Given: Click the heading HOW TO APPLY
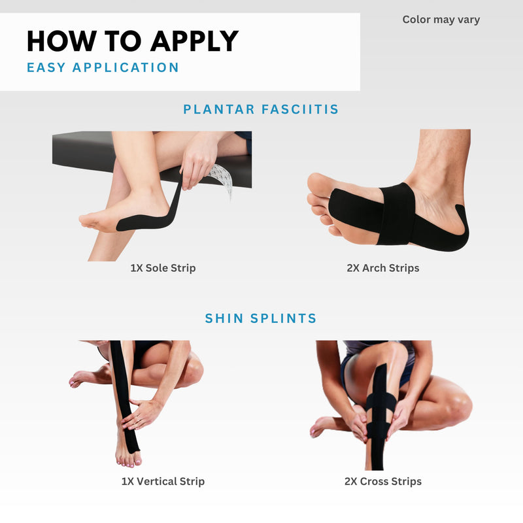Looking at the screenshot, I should pos(132,41).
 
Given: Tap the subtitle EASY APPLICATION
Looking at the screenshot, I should pos(103,67).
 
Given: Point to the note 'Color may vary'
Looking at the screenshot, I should pos(441,20).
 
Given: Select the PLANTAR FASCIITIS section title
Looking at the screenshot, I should pos(261,109).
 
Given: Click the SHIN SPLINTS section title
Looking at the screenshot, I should pos(261,318).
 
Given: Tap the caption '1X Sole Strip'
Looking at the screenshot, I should pos(163,268).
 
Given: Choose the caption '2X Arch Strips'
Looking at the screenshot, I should pos(382,268).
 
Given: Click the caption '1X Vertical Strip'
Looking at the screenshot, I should pos(163,482).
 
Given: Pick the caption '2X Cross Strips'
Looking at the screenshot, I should pos(382,482).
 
